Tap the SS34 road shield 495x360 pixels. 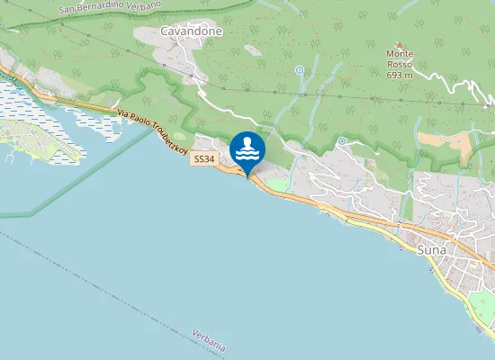tap(204, 159)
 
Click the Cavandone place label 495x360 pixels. tap(191, 31)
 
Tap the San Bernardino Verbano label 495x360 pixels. tap(110, 6)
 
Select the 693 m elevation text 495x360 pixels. tap(400, 76)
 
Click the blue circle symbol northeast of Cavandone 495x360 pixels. tap(300, 69)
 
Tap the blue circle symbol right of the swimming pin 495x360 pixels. tap(342, 141)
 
